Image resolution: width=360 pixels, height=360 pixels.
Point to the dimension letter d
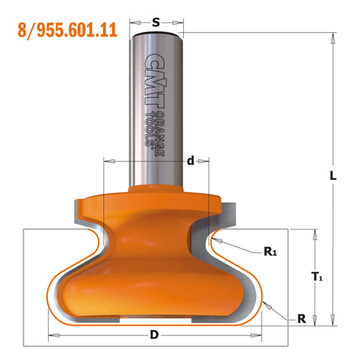(190, 162)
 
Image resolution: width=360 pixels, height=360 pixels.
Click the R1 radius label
(270, 251)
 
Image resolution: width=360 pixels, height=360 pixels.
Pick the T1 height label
(317, 278)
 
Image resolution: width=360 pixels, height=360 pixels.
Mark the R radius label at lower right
(301, 318)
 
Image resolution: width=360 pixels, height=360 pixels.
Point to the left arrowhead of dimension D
(51, 334)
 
